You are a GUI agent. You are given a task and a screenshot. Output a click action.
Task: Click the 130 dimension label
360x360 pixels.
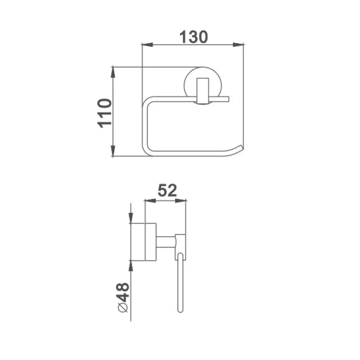[193, 37]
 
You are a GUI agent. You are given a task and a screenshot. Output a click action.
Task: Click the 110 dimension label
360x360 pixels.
[104, 113]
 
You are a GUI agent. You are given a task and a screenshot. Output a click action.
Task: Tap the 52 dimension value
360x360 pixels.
[167, 190]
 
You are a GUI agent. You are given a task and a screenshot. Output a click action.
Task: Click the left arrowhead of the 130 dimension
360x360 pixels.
[147, 45]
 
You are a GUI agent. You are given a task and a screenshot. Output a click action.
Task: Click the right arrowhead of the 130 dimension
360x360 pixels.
[238, 45]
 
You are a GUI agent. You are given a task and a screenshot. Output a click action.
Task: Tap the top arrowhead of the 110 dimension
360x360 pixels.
[113, 72]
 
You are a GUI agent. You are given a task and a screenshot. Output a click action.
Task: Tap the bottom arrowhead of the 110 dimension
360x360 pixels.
[113, 151]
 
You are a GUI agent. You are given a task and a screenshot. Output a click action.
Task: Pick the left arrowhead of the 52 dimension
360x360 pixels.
[150, 201]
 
